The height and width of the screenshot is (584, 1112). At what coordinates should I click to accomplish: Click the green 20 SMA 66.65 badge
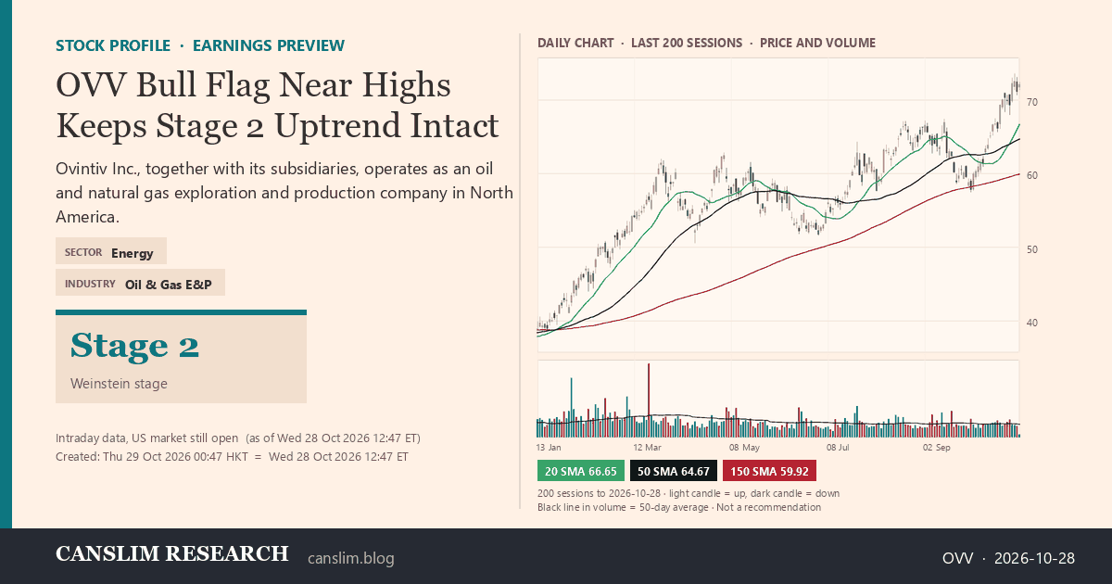tap(580, 471)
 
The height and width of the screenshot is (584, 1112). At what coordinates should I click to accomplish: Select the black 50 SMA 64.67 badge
tap(673, 471)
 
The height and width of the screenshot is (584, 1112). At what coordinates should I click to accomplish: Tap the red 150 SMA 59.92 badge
tap(769, 471)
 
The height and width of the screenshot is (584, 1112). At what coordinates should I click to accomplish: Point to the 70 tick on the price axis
tap(1031, 102)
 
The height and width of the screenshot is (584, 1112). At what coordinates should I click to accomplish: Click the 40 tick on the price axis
tap(1031, 323)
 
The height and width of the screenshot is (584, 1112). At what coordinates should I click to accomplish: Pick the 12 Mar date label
tap(647, 448)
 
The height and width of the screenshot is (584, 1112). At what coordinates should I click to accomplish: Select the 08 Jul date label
tap(838, 448)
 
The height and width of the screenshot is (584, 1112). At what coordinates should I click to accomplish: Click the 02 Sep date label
tap(936, 448)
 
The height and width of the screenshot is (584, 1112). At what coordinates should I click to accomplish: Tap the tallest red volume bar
tap(649, 400)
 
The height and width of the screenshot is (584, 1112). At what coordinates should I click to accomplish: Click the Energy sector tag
tap(132, 253)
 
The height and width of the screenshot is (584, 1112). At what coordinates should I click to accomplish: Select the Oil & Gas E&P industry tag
tap(169, 285)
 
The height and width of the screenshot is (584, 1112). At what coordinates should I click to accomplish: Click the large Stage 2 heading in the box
tap(134, 346)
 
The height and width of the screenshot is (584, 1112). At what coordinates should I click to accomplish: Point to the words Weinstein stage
tap(119, 384)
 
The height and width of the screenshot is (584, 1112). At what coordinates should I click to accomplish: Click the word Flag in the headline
tap(238, 85)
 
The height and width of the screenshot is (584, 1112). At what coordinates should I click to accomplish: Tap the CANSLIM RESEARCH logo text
tap(171, 553)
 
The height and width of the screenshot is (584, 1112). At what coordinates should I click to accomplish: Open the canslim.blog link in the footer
tap(351, 558)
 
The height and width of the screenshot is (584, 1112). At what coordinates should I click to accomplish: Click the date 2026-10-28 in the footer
tap(1034, 558)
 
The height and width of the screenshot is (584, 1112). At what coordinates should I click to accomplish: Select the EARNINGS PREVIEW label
tap(269, 45)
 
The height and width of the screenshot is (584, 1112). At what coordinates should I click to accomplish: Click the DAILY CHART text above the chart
tap(575, 44)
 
